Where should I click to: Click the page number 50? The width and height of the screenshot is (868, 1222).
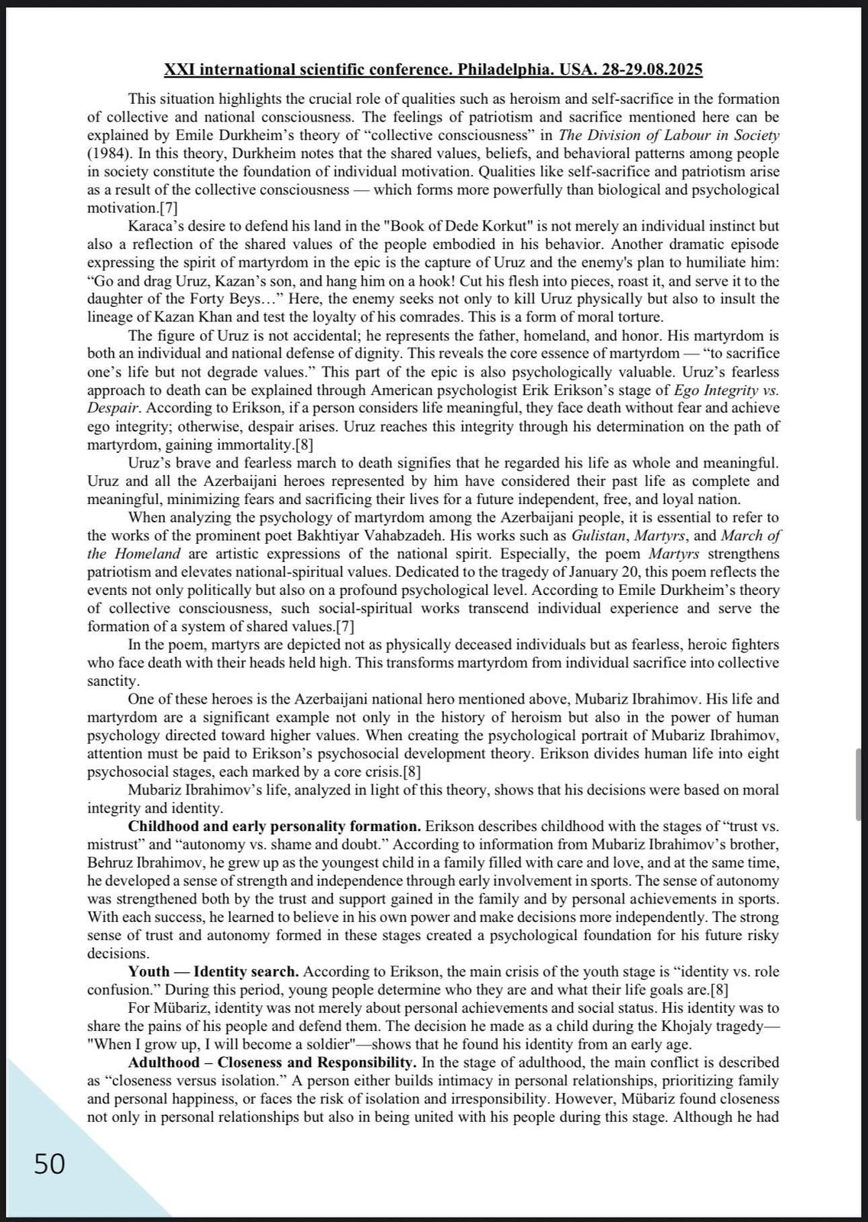[x=50, y=1164]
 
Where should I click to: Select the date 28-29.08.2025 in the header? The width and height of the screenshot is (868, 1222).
[x=652, y=70]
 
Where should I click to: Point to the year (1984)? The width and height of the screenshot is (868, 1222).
[x=107, y=153]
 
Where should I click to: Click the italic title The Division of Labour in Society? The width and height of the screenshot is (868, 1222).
[x=669, y=135]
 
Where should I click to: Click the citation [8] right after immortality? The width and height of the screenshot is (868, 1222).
[x=304, y=445]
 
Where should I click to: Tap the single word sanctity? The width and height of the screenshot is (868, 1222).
[x=112, y=681]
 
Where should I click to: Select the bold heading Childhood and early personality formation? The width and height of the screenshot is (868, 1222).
[x=274, y=826]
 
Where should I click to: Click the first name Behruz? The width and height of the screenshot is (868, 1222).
[x=111, y=863]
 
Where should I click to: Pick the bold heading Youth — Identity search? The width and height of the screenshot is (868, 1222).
[x=213, y=972]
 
